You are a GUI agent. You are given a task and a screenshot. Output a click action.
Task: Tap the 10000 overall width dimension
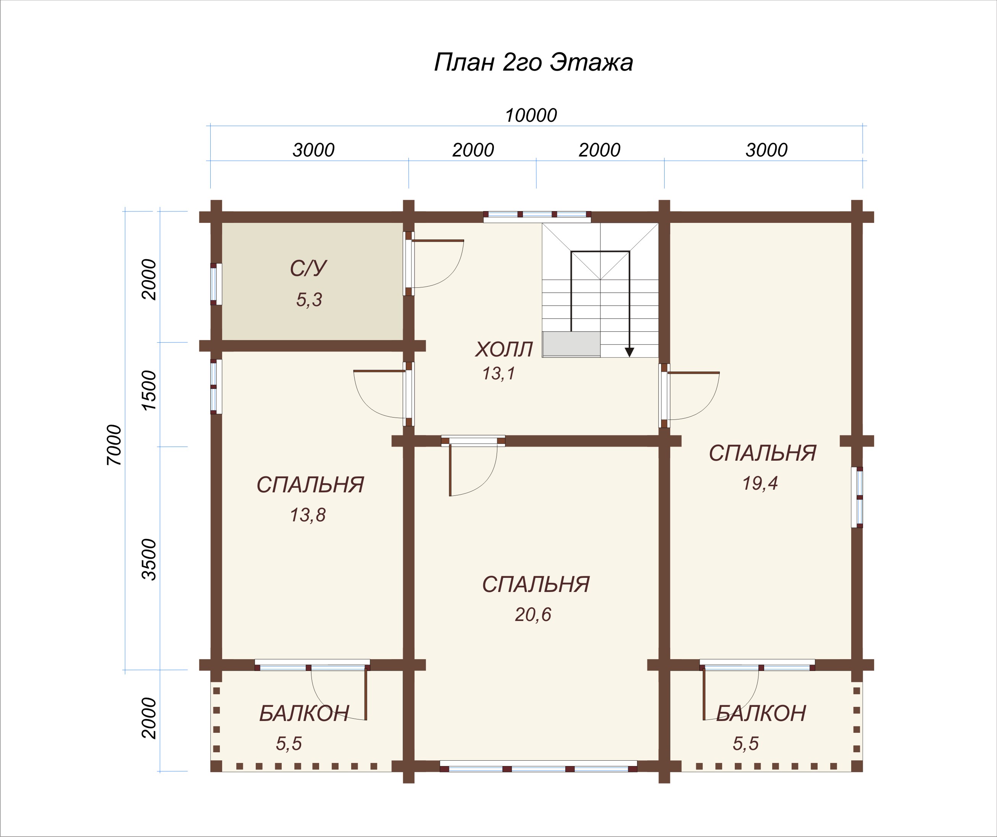531,115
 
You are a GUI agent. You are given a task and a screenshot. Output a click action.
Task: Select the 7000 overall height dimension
115,445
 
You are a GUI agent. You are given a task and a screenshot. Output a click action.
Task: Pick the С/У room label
308,268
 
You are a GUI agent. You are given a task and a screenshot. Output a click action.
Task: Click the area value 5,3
309,300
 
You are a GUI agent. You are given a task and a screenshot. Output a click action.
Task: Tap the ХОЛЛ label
504,350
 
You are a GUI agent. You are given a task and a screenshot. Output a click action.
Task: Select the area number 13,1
498,374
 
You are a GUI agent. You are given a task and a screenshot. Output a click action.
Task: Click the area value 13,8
308,515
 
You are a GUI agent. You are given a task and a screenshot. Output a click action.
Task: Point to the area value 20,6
533,615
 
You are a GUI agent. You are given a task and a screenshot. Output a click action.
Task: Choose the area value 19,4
760,483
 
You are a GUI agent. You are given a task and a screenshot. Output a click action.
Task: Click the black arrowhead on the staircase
629,352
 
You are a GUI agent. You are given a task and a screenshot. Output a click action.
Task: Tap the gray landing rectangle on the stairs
571,344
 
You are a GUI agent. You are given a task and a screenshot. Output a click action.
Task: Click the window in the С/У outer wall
216,284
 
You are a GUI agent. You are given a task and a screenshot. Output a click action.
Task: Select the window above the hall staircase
537,216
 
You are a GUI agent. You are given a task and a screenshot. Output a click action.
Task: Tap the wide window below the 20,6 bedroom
538,766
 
